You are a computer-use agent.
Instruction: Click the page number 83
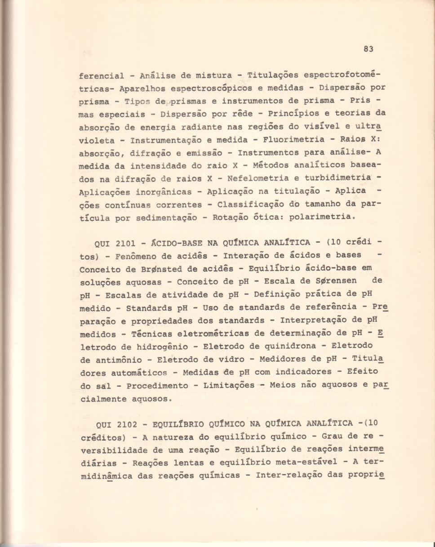[x=369, y=49]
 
